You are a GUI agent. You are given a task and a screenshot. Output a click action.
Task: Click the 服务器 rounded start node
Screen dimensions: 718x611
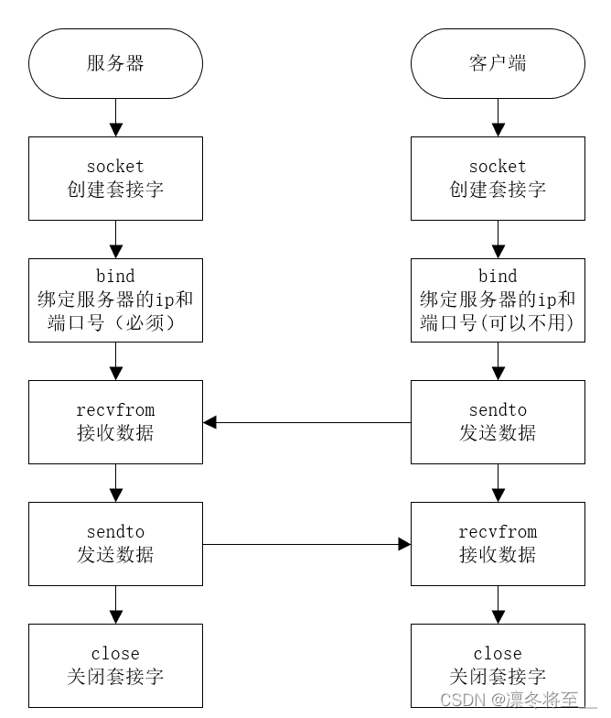(115, 63)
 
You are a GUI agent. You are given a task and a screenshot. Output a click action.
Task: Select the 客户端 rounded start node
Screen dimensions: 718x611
(498, 63)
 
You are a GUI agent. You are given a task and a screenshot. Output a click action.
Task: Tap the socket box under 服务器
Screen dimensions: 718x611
(115, 178)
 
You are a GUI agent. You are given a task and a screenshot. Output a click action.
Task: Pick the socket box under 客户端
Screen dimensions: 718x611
(498, 178)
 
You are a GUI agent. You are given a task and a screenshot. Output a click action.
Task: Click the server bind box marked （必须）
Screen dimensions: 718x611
(115, 299)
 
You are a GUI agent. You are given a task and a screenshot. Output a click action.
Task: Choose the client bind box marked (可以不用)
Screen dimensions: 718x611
(498, 299)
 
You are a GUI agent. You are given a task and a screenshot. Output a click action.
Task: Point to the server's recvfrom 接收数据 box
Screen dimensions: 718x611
(115, 422)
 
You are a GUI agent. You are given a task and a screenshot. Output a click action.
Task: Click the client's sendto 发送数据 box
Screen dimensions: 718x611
(498, 422)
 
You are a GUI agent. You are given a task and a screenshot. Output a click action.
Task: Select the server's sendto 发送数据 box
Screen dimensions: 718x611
(115, 544)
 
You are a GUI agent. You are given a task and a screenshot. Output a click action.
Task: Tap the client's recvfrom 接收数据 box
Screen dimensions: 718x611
(498, 544)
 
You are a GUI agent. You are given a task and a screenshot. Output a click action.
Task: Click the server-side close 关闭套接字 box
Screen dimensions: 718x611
(115, 666)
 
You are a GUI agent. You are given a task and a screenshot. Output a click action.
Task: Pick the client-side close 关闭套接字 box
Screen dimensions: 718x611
(498, 666)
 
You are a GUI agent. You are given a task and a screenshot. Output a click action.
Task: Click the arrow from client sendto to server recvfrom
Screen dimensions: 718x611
(306, 422)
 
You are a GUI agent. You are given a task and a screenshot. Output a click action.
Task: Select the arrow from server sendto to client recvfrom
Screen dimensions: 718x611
(306, 544)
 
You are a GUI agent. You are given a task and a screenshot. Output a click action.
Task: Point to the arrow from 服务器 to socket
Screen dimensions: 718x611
(115, 117)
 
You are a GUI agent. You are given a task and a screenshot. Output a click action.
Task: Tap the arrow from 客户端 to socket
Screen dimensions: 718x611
(498, 117)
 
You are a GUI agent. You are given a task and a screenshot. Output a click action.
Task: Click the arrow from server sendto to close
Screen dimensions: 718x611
(115, 604)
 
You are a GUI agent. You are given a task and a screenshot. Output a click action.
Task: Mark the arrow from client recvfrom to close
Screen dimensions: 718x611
(498, 604)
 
